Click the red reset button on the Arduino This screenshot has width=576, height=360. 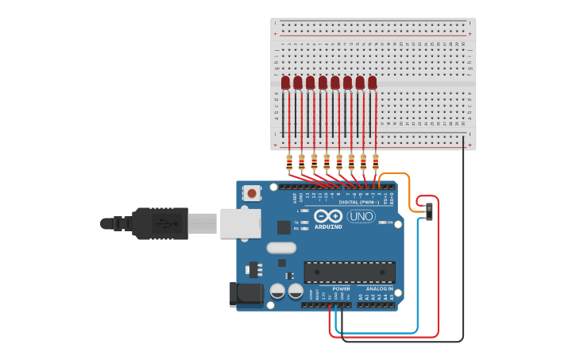click(x=252, y=192)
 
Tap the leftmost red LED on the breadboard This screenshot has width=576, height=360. click(x=285, y=82)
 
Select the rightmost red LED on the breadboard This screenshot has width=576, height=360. click(x=372, y=82)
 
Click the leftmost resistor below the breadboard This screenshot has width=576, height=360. click(x=289, y=162)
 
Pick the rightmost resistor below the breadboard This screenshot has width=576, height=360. click(x=376, y=162)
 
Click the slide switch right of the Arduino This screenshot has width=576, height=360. click(x=429, y=211)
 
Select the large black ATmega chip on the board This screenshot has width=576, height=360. click(x=350, y=273)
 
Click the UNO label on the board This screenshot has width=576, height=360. click(x=361, y=216)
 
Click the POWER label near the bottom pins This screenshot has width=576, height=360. click(x=330, y=288)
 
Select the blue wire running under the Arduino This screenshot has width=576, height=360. click(x=417, y=278)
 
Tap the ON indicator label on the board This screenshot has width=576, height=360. click(x=390, y=223)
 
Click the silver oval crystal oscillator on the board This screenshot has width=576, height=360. click(x=281, y=247)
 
